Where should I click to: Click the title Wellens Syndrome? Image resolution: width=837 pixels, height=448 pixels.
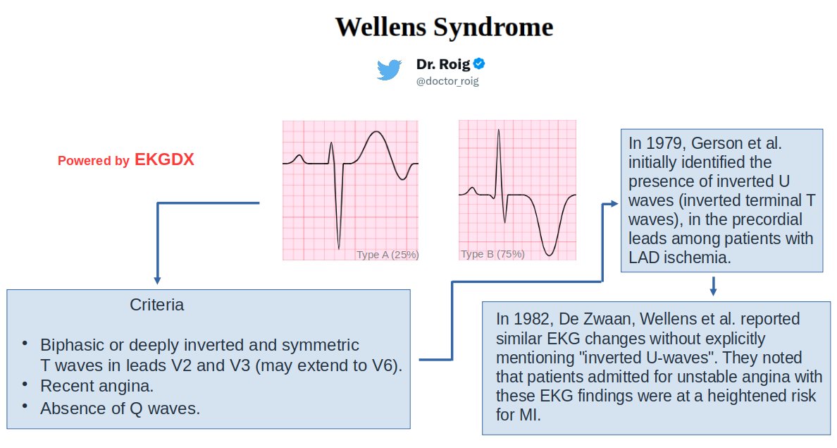pos(444,28)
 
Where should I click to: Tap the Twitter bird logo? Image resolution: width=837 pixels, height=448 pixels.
pos(389,71)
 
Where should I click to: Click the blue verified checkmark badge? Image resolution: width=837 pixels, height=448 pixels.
pos(479,64)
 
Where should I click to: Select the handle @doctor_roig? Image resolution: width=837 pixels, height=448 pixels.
pos(447,82)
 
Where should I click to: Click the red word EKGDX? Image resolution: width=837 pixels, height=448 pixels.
pos(164,160)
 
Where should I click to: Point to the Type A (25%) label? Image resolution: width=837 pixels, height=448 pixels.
pos(387,255)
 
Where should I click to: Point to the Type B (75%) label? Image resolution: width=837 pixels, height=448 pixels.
pos(492,254)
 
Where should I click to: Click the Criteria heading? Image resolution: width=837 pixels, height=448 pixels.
pos(157,305)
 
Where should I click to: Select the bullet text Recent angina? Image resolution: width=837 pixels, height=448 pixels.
pos(97,387)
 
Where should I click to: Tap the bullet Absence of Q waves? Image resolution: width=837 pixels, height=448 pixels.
pos(120,408)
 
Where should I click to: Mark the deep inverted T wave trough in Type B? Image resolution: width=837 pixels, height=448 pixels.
pos(550,254)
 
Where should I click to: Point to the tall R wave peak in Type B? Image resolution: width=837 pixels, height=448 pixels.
pos(498,131)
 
